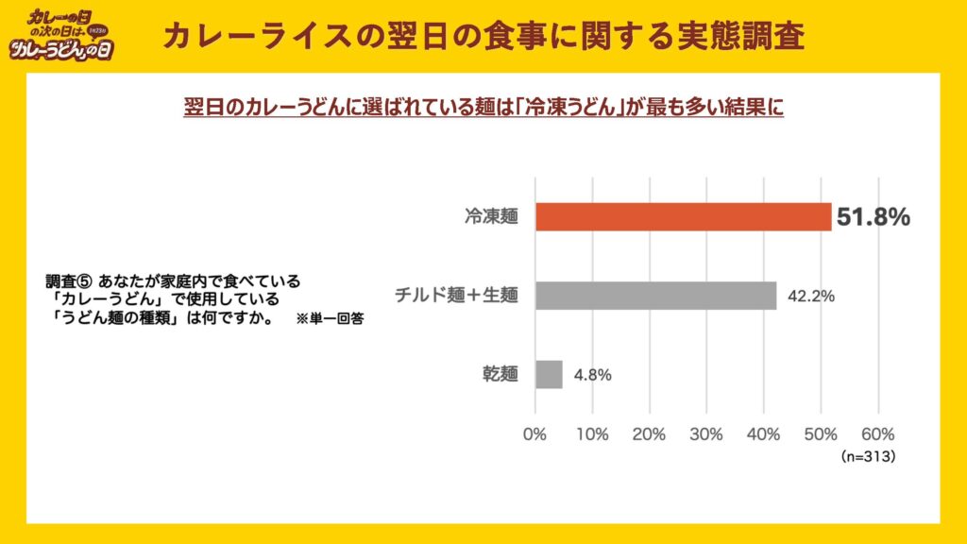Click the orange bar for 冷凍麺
(683, 217)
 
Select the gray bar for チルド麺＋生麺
(655, 296)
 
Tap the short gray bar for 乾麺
(549, 374)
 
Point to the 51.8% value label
(873, 217)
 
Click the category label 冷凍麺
(491, 217)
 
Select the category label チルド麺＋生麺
(457, 296)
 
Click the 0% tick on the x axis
(535, 434)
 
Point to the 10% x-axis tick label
(592, 434)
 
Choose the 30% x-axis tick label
(706, 434)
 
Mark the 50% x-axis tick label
(821, 434)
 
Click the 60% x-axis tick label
(878, 434)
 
